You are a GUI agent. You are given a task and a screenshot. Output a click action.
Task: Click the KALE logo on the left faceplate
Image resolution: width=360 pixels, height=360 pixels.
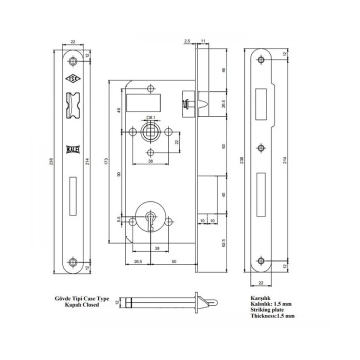pos(72,148)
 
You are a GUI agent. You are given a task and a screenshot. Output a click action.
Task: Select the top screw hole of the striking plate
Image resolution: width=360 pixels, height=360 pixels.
pos(260,60)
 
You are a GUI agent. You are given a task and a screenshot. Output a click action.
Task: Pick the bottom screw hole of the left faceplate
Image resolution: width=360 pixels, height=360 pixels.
pos(73,261)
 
